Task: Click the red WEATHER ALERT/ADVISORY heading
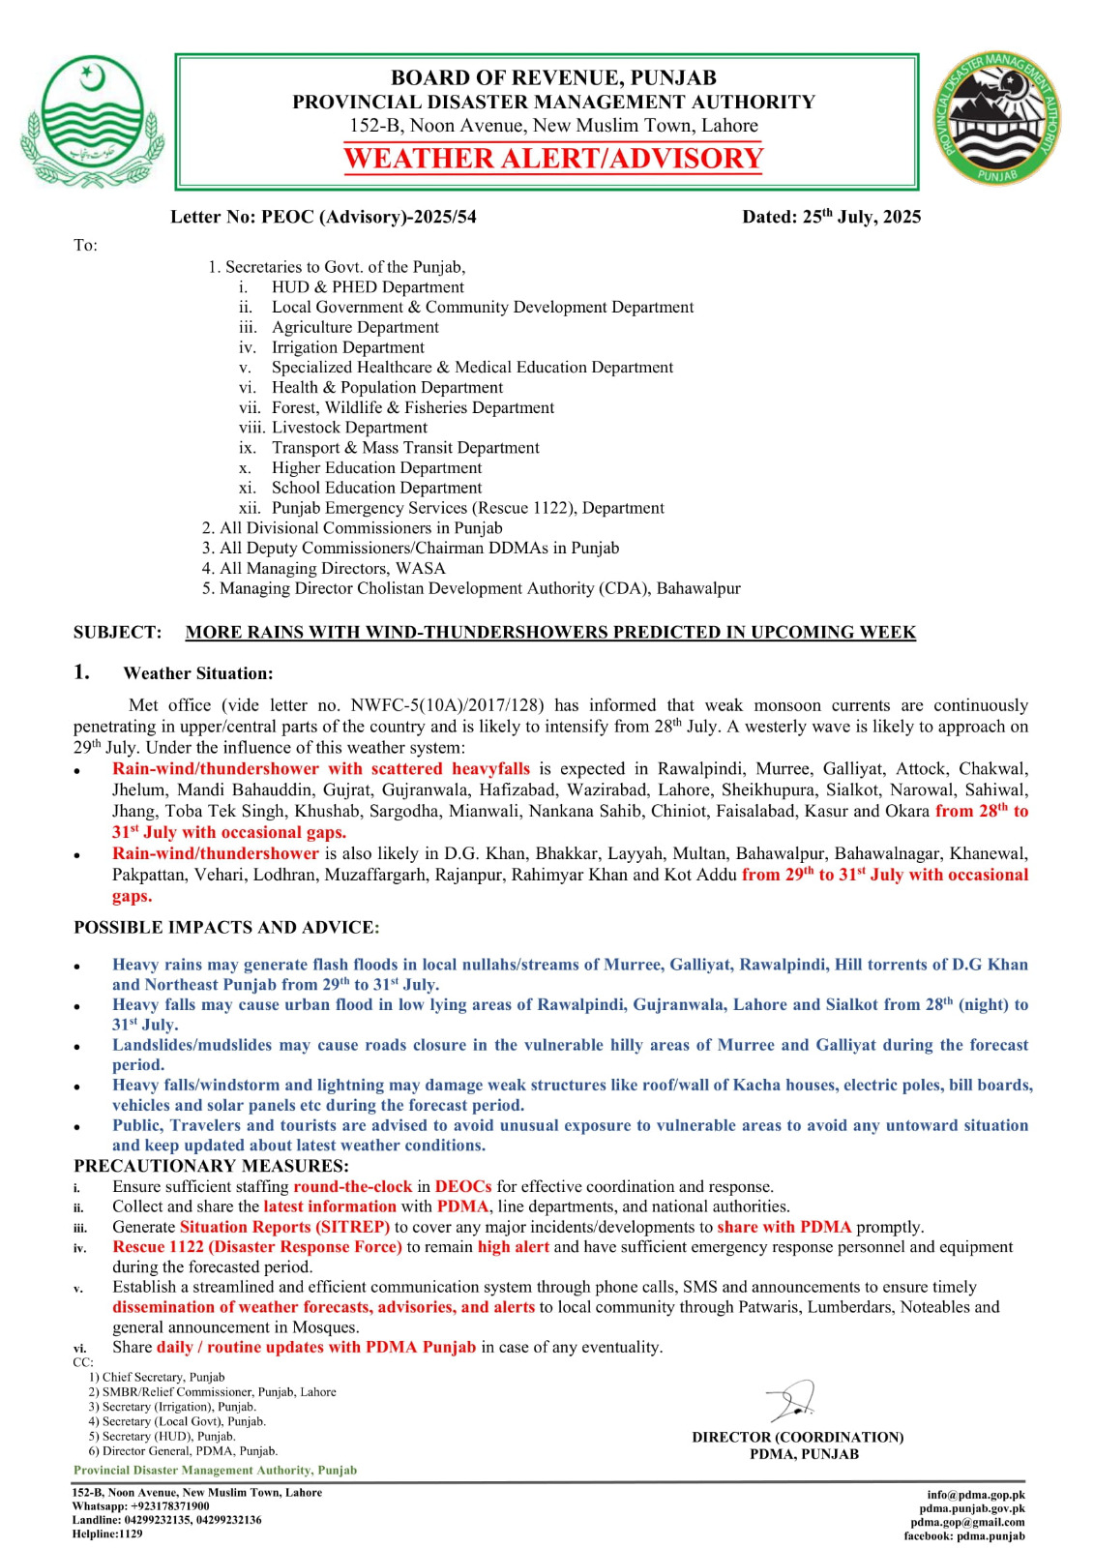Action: pyautogui.click(x=553, y=158)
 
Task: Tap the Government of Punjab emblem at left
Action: pyautogui.click(x=92, y=121)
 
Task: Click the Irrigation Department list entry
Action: pyautogui.click(x=347, y=347)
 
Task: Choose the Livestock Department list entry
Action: pyautogui.click(x=348, y=428)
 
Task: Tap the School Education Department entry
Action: pyautogui.click(x=376, y=488)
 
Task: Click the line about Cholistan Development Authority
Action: pyautogui.click(x=479, y=588)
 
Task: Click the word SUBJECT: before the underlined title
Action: pyautogui.click(x=118, y=633)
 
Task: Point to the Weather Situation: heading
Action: pyautogui.click(x=198, y=673)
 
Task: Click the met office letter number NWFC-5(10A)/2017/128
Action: pyautogui.click(x=447, y=705)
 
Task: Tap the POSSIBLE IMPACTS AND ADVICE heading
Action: pyautogui.click(x=226, y=927)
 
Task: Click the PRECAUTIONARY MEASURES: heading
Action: pyautogui.click(x=211, y=1166)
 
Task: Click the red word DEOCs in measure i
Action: pyautogui.click(x=462, y=1186)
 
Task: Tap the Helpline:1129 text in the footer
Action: pyautogui.click(x=106, y=1533)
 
